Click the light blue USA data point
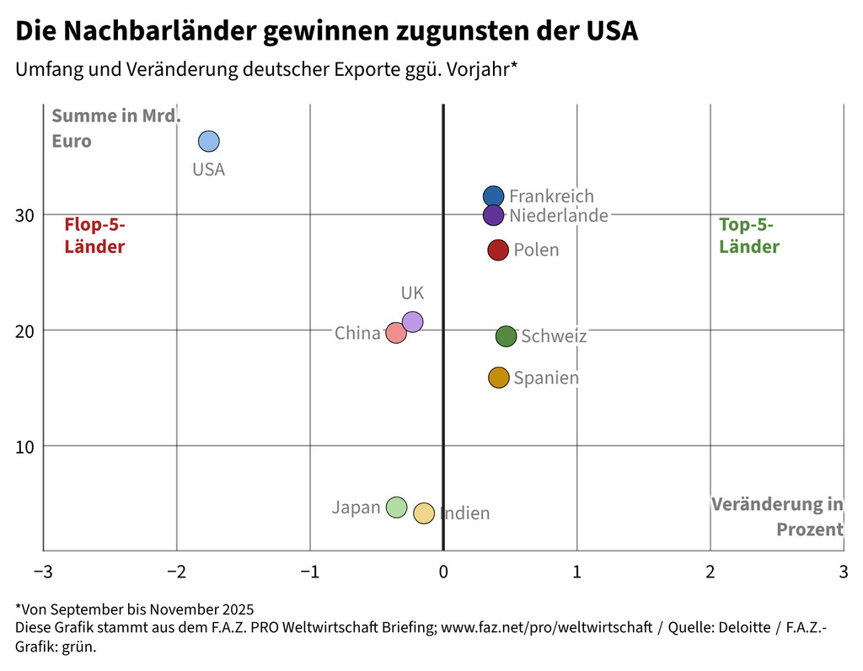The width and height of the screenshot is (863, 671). (208, 141)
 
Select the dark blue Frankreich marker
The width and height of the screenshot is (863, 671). (493, 196)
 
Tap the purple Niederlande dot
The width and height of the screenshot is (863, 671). (493, 215)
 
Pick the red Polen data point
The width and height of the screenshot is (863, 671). (498, 250)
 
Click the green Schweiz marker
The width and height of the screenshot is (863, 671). (506, 336)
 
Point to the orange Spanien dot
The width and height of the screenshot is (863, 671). (499, 378)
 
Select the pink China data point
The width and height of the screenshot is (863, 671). (395, 333)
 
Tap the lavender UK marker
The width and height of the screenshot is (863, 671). (412, 321)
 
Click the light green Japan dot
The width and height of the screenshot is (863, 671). (396, 507)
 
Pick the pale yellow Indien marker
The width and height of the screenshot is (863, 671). (424, 513)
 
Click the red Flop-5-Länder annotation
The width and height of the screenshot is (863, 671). (94, 235)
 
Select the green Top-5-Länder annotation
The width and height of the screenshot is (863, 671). (748, 235)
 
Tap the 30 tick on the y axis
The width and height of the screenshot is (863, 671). (24, 215)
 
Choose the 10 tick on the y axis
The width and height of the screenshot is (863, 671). (24, 446)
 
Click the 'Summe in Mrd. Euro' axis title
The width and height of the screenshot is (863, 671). (115, 128)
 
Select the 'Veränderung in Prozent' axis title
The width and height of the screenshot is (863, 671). (777, 517)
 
